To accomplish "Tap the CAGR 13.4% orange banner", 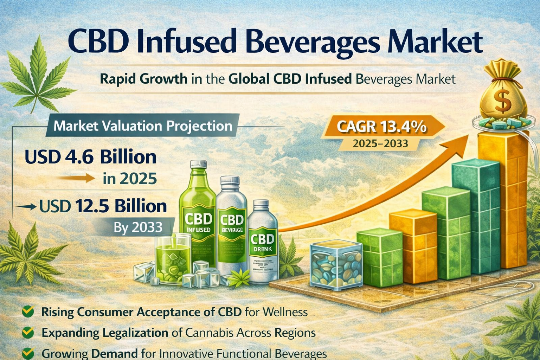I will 381,127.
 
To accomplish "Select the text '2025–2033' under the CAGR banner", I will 380,143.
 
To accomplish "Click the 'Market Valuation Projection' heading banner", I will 143,126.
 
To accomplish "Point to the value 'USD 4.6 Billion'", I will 91,157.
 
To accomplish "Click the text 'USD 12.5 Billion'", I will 103,206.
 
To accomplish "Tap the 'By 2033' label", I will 138,227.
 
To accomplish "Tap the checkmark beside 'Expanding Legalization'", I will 28,332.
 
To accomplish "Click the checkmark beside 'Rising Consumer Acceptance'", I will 28,311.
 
